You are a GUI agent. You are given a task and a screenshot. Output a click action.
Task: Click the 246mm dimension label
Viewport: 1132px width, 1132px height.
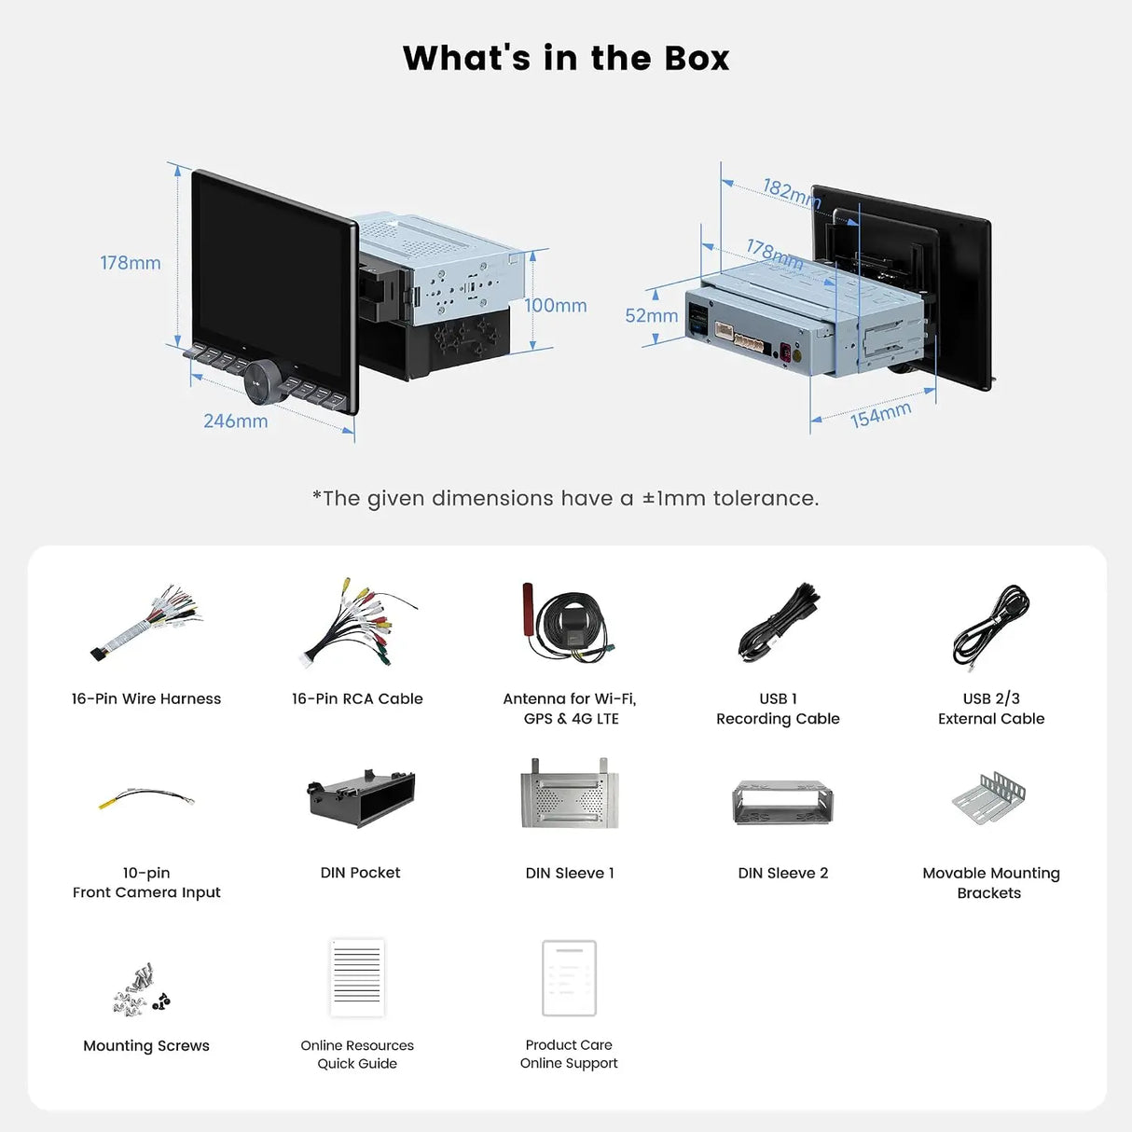236,421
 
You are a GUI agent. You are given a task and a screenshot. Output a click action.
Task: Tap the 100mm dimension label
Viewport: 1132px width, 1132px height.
555,306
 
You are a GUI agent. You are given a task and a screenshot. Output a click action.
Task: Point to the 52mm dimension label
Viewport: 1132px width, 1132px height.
652,315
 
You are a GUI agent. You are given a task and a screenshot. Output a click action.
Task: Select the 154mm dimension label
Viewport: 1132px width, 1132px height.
880,415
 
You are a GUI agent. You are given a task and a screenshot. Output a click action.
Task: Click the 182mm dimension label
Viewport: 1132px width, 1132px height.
792,193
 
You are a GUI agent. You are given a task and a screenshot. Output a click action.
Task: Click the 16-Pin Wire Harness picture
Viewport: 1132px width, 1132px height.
146,623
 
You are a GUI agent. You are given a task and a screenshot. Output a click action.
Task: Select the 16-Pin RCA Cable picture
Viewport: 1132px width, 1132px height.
358,623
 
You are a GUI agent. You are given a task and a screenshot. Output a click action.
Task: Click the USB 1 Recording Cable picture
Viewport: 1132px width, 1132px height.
779,623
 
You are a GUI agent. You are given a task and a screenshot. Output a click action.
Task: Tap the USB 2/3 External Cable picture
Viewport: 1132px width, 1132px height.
991,625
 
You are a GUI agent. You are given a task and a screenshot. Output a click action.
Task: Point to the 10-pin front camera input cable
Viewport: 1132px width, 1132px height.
146,798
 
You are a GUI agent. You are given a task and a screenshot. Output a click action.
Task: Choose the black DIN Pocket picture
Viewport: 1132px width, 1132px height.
361,798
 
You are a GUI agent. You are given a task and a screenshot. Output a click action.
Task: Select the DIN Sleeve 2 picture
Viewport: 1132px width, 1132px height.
782,803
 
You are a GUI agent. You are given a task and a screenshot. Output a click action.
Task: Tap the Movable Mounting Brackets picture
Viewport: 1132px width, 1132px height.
989,798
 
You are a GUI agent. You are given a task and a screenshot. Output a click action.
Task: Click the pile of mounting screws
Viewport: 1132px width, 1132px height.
141,990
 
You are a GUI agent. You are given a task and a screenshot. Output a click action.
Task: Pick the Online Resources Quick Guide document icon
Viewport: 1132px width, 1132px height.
357,977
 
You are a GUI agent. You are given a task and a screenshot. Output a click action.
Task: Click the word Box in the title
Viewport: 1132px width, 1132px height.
697,59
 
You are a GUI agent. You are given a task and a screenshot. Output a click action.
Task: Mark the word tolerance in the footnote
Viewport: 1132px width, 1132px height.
766,498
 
